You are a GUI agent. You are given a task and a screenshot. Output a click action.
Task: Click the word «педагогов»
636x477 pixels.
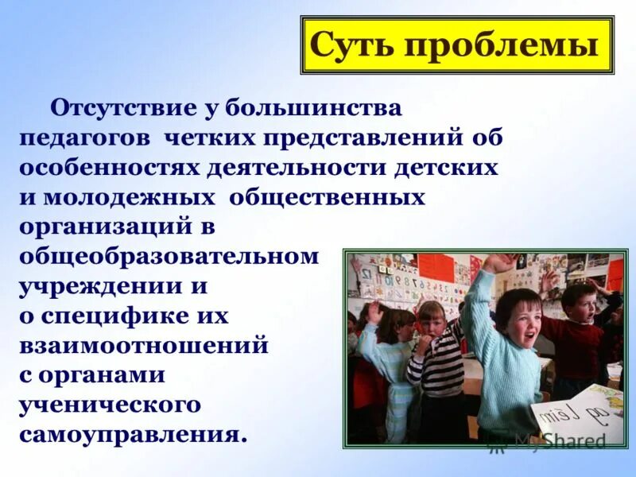pyautogui.click(x=86, y=138)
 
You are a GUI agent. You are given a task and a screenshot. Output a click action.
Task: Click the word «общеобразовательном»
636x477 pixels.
pyautogui.click(x=169, y=257)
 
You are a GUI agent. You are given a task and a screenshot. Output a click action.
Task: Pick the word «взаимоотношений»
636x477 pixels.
pyautogui.click(x=143, y=347)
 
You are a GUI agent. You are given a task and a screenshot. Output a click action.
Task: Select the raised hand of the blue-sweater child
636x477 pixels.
pyautogui.click(x=497, y=263)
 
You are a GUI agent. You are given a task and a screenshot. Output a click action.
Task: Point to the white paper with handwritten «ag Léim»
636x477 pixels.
pyautogui.click(x=578, y=413)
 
